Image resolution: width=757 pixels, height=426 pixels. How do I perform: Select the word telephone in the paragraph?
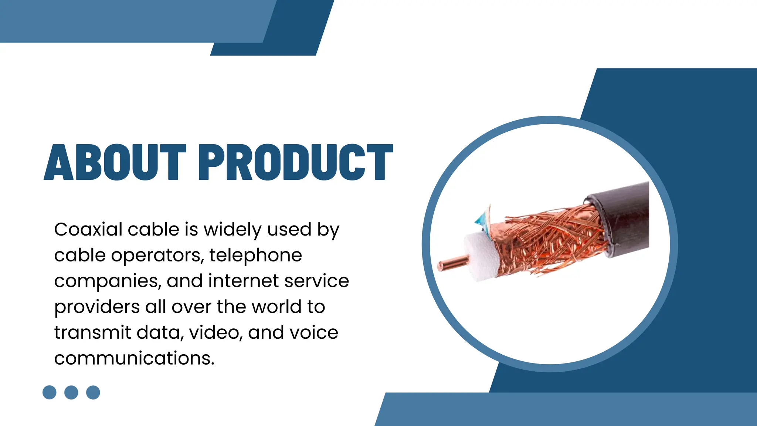255,255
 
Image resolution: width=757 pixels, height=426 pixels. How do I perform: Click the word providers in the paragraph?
97,307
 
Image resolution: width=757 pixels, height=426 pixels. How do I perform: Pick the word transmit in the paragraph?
92,332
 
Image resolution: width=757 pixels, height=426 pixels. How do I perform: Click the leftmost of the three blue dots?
50,392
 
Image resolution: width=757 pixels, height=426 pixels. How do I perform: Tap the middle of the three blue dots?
71,392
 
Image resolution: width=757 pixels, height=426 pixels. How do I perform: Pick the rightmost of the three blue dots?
93,392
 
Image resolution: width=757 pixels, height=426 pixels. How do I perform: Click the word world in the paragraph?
277,307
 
